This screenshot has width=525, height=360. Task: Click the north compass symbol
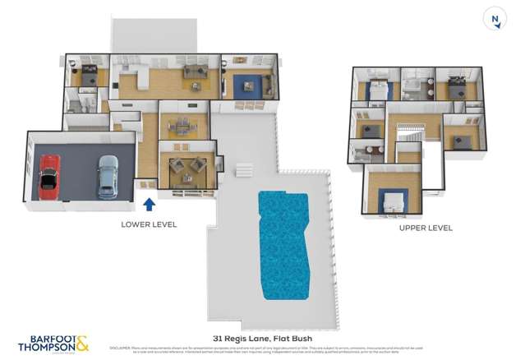(495, 20)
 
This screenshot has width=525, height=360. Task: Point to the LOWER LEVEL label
(149, 224)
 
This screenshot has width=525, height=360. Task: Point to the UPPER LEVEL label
(426, 228)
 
